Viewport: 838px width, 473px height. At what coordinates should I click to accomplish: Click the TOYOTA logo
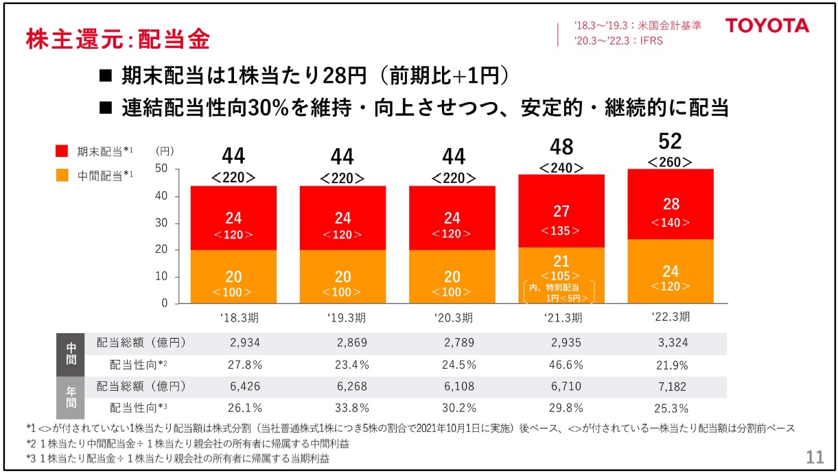(x=767, y=27)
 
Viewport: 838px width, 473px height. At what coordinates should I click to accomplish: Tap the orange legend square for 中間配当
(x=62, y=175)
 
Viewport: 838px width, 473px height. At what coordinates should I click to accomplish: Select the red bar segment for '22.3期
(x=671, y=204)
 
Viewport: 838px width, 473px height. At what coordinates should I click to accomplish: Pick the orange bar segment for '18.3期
(x=233, y=276)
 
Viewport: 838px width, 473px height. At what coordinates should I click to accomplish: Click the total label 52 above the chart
(x=670, y=141)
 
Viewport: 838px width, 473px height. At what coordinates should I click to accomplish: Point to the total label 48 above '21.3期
(x=561, y=146)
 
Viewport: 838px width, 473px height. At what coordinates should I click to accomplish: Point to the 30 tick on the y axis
(x=164, y=223)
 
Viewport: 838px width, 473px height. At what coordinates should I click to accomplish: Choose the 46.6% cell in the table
(x=561, y=364)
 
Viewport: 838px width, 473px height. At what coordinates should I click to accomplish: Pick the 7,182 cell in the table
(x=671, y=386)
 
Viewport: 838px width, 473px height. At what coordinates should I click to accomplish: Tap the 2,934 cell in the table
(x=233, y=342)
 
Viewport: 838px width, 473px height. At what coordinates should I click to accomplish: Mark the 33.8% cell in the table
(x=342, y=408)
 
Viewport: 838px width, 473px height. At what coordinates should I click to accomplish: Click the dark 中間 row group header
(x=71, y=354)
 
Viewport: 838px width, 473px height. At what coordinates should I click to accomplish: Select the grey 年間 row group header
(x=71, y=398)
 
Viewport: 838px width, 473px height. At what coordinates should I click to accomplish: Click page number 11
(x=814, y=457)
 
